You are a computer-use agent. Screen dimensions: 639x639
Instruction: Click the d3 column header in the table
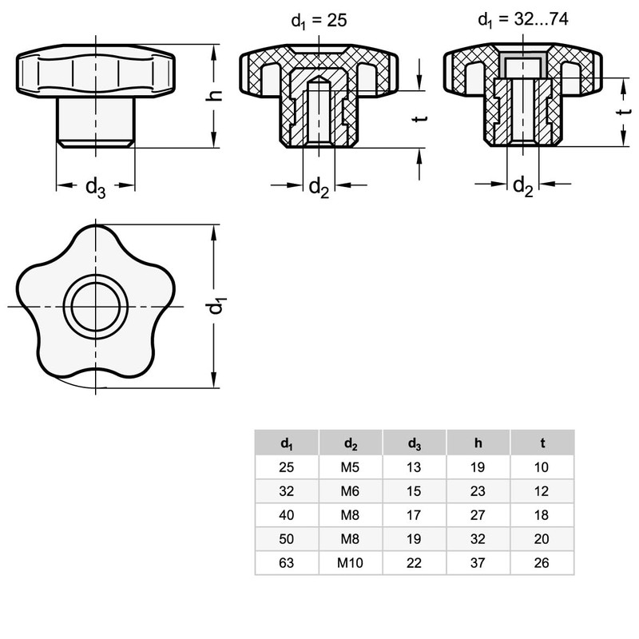click(x=414, y=443)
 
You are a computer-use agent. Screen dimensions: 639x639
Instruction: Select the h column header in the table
click(x=478, y=443)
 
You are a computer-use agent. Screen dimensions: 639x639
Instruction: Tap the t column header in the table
click(x=542, y=443)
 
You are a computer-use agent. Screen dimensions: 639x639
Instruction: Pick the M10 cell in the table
click(x=351, y=562)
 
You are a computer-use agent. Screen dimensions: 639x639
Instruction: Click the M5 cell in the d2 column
click(x=351, y=466)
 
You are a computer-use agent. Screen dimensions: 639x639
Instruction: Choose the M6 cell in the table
click(x=351, y=490)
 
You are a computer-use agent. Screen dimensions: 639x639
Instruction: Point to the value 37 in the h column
click(x=478, y=562)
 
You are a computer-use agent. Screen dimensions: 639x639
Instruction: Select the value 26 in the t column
click(x=542, y=562)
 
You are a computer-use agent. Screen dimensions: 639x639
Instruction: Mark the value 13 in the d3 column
click(x=414, y=466)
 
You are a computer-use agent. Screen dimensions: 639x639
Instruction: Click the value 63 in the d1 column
click(x=286, y=562)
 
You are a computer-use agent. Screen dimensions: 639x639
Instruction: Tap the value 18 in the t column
click(x=542, y=514)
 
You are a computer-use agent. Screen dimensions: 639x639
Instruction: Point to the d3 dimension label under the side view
click(x=95, y=188)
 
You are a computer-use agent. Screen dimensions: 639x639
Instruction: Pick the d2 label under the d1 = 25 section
click(x=319, y=188)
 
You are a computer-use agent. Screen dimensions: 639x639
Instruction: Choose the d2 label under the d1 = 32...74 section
click(x=523, y=187)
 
